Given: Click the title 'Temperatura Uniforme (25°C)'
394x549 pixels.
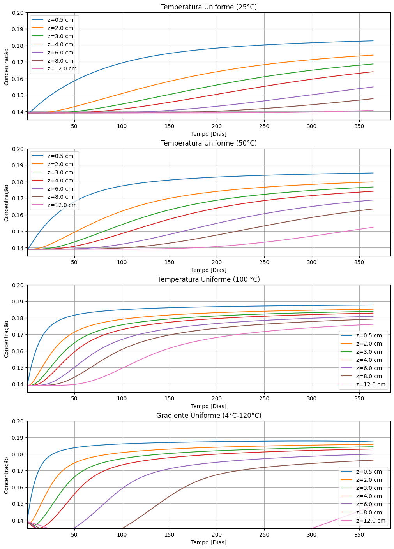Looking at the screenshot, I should (208, 7).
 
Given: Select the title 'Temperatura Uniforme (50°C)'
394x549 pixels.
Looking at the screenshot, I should (208, 143).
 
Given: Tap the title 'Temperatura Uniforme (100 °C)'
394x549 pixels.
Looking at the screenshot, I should (208, 279).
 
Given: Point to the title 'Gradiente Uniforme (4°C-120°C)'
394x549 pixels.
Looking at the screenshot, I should (208, 416).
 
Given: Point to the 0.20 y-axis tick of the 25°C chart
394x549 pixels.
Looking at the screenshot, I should (18, 13).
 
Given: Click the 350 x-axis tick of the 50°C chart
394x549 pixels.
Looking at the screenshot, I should (359, 262).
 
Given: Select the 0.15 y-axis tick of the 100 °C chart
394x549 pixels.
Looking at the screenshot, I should (18, 368).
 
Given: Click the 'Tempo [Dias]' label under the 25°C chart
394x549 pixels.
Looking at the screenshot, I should (208, 134).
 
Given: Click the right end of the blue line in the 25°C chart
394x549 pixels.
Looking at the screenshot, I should (373, 41).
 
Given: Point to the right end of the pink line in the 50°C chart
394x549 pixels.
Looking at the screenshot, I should (373, 227).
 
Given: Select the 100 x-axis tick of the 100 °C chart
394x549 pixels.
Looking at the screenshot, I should (122, 398).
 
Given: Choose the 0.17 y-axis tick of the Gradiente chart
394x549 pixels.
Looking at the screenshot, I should (18, 471).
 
